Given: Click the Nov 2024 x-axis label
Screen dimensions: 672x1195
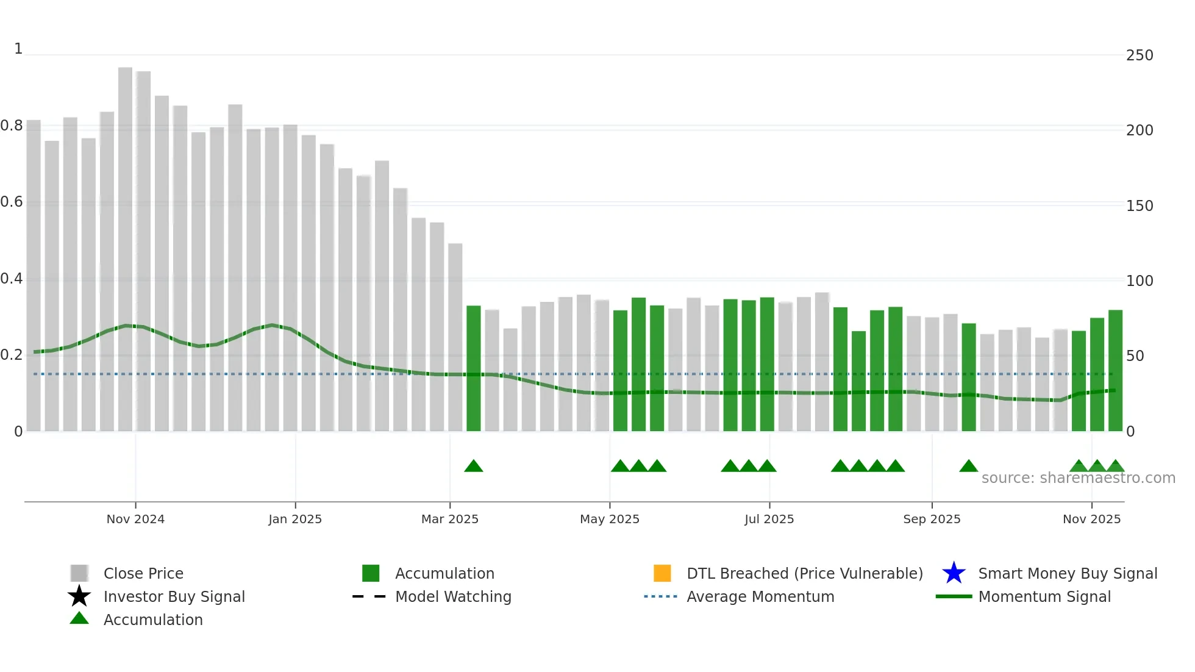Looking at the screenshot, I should pos(135,519).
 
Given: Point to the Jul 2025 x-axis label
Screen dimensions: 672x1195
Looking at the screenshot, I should pos(769,519).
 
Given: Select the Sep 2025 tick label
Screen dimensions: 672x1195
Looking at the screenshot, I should pos(932,519).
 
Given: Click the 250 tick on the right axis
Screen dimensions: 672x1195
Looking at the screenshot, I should pos(1140,55).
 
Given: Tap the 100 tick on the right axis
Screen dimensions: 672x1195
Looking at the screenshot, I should pos(1140,281).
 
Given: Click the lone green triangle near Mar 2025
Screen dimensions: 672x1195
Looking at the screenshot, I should pos(474,466).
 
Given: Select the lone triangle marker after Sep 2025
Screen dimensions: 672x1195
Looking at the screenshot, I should pos(968,466).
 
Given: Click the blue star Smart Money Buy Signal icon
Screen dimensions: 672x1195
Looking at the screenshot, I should pos(954,573).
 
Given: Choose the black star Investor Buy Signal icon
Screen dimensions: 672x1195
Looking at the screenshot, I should pos(79,596).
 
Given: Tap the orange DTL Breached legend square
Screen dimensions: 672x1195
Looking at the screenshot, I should pos(662,573).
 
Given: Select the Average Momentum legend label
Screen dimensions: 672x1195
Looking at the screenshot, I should pos(760,596).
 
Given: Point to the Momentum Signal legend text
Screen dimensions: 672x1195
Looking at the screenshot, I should pos(1044,596).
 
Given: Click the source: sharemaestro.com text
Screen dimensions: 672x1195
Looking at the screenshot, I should pos(1078,478).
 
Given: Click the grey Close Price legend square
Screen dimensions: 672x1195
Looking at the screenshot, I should pos(79,573).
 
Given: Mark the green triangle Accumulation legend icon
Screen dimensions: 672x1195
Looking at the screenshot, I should pos(79,618).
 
